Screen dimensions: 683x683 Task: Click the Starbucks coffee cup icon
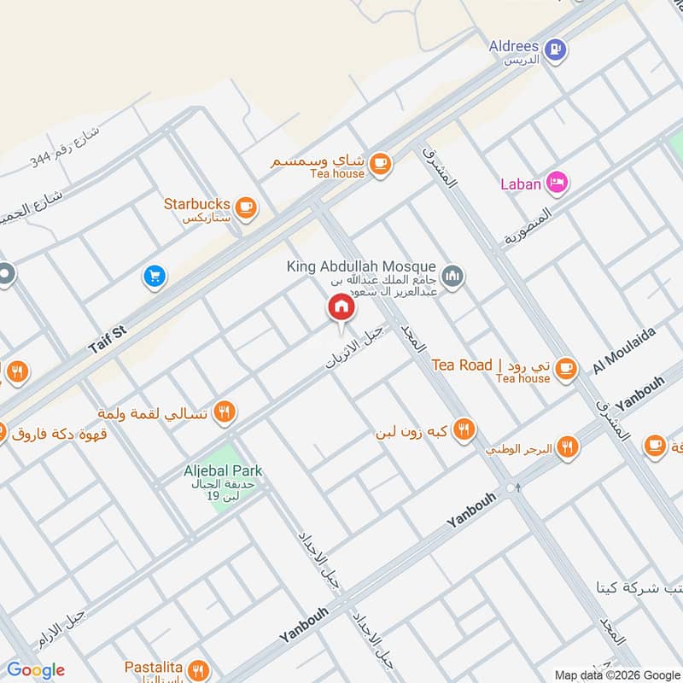point(246,205)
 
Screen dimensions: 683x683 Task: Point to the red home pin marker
point(341,307)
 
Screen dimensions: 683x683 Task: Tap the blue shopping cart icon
point(155,275)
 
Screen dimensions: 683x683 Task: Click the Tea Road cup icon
point(564,369)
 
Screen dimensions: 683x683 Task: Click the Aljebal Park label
point(223,470)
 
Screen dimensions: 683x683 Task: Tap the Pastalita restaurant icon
point(198,668)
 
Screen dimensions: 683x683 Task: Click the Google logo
point(36,670)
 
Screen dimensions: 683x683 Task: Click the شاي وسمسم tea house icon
point(380,162)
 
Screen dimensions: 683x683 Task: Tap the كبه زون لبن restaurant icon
point(464,429)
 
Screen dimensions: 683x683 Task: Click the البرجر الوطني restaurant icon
point(569,447)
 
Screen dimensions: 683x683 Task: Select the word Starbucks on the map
point(197,204)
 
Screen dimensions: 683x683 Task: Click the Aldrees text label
point(512,44)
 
